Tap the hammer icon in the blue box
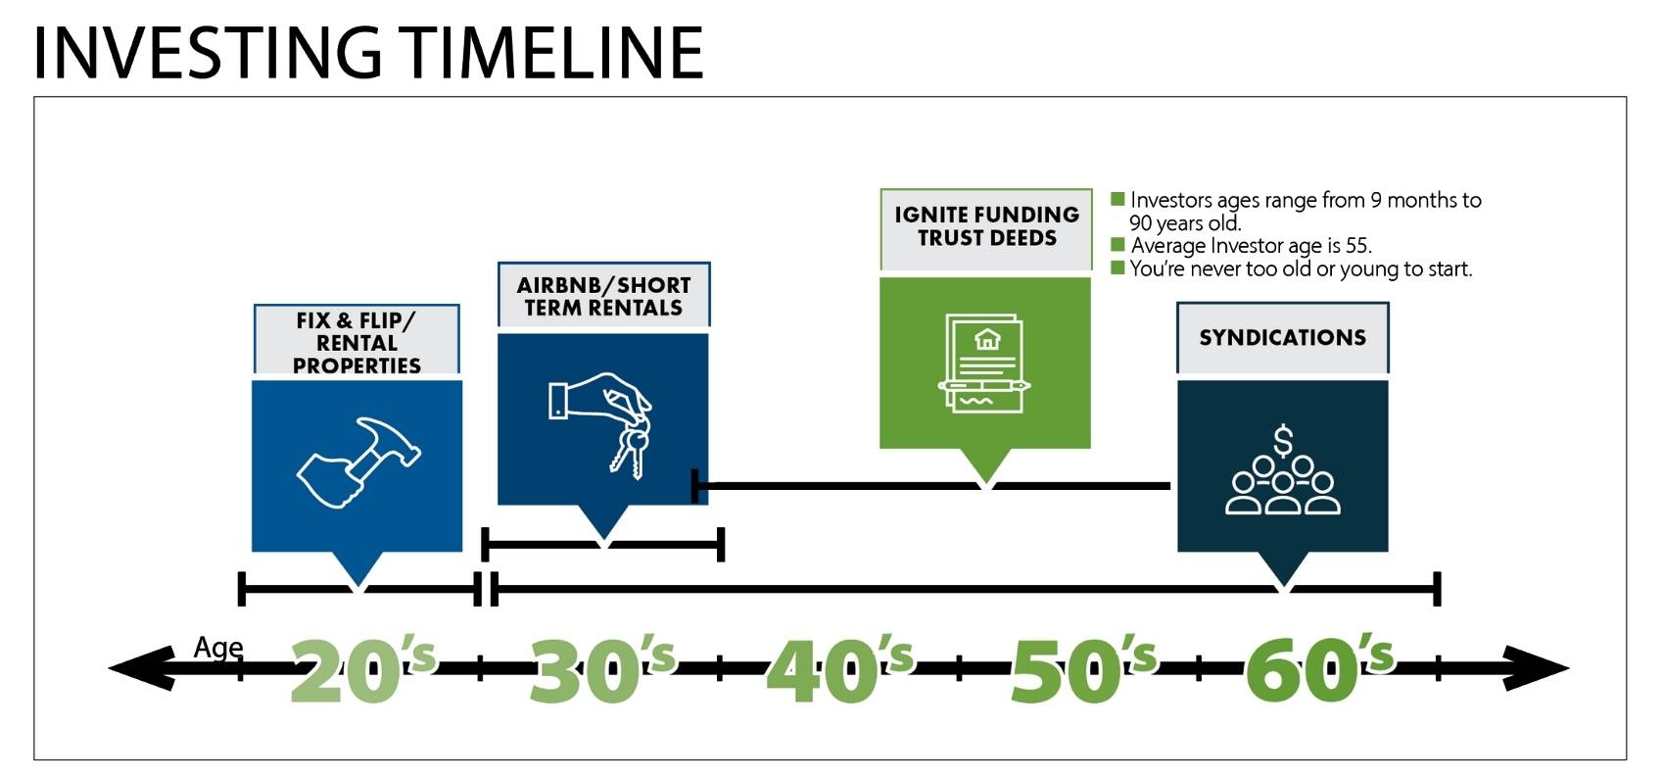(358, 462)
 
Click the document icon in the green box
(985, 363)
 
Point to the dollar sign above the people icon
(1283, 442)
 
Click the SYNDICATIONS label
(1282, 338)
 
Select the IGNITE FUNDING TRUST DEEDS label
(986, 226)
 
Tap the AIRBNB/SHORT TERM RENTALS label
(603, 296)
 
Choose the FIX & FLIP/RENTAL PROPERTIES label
(356, 343)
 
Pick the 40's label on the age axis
(839, 670)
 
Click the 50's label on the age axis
(1081, 670)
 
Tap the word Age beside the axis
(217, 647)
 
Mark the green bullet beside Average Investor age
(1117, 244)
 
